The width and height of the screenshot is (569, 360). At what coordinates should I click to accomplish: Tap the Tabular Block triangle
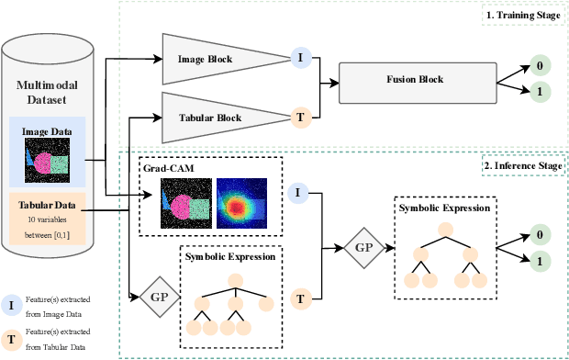[x=206, y=118]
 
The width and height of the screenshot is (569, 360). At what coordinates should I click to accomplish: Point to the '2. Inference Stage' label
[x=520, y=166]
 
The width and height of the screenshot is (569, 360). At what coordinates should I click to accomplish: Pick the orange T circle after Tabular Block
[x=299, y=118]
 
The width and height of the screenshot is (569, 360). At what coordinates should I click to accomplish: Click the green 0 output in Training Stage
[x=540, y=66]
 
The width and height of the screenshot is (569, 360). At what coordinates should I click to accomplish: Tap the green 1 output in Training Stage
[x=540, y=93]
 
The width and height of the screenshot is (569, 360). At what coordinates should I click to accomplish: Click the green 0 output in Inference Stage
[x=540, y=235]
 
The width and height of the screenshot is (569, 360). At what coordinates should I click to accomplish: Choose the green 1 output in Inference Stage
[x=540, y=263]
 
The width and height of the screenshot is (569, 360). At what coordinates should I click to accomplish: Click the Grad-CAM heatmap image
[x=241, y=201]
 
